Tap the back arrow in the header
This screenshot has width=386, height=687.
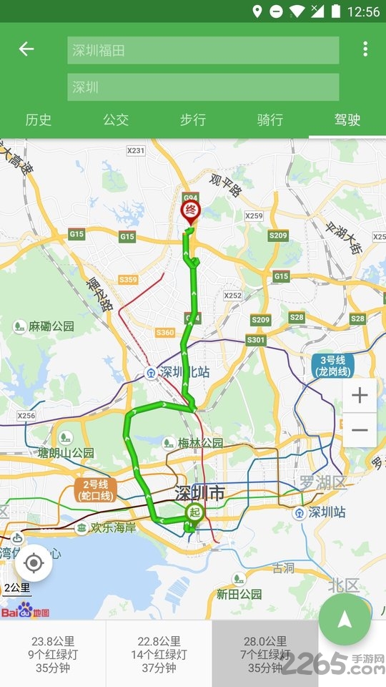[26, 49]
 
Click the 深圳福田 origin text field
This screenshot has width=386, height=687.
[203, 51]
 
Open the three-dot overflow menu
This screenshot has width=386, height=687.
[365, 49]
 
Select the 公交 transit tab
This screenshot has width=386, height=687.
[116, 120]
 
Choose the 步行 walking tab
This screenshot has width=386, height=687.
[193, 120]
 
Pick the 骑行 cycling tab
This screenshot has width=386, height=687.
[270, 120]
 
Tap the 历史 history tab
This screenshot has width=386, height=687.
[39, 120]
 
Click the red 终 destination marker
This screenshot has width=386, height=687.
[190, 211]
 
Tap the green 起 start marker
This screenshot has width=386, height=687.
[193, 512]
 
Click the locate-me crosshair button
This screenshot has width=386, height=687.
[33, 563]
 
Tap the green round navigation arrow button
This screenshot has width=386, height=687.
[345, 620]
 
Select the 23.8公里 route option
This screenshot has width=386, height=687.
[53, 654]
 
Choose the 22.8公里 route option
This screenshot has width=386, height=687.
[159, 654]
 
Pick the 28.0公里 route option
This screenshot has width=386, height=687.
[265, 654]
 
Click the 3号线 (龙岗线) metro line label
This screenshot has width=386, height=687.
[333, 366]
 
